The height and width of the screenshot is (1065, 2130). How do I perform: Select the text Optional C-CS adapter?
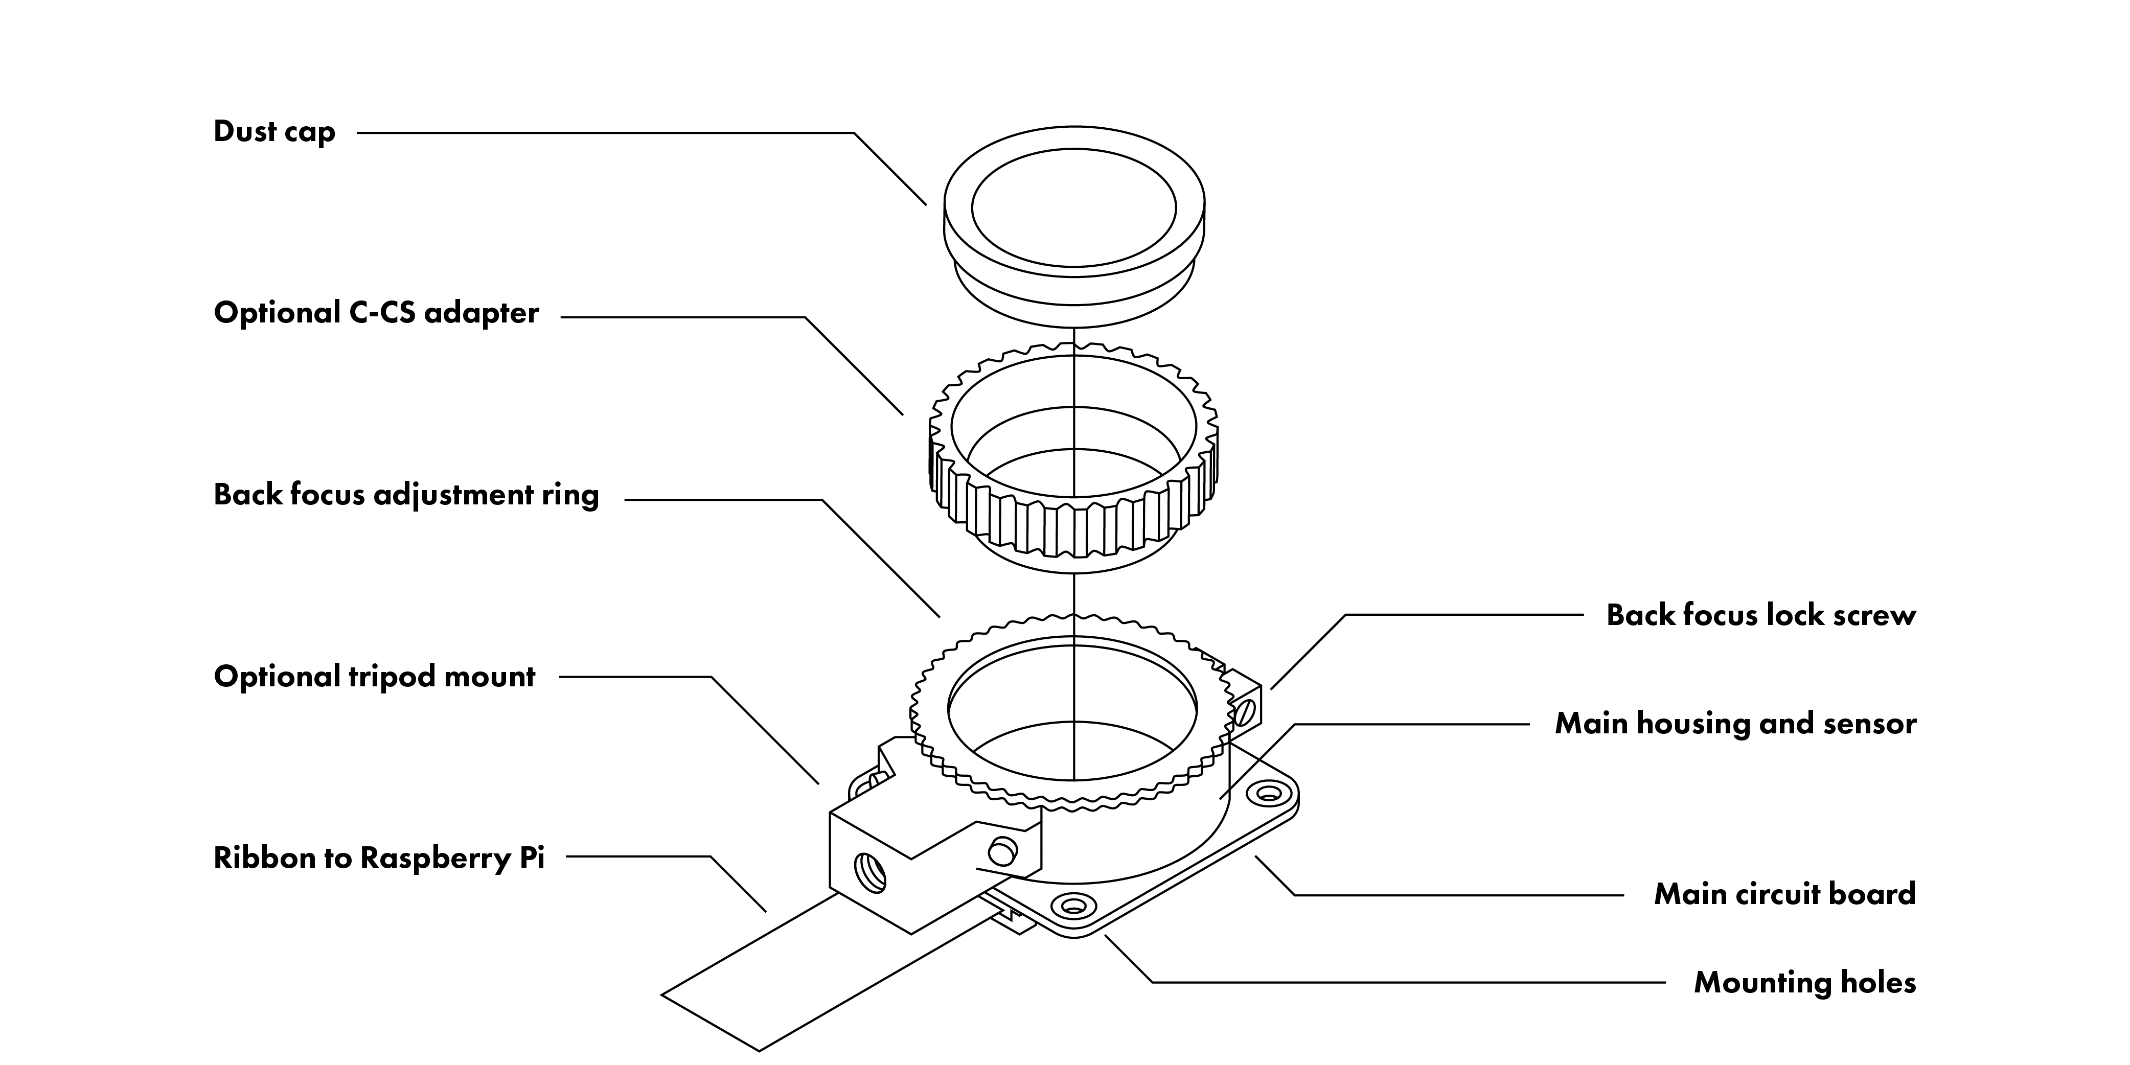376,313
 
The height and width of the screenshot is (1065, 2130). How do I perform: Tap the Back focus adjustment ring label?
406,495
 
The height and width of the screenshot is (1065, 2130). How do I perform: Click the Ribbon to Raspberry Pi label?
379,858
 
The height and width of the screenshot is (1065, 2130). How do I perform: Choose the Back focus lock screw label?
1760,615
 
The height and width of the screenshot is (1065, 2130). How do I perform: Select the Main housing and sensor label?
1735,724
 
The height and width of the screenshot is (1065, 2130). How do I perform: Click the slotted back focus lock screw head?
1247,709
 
